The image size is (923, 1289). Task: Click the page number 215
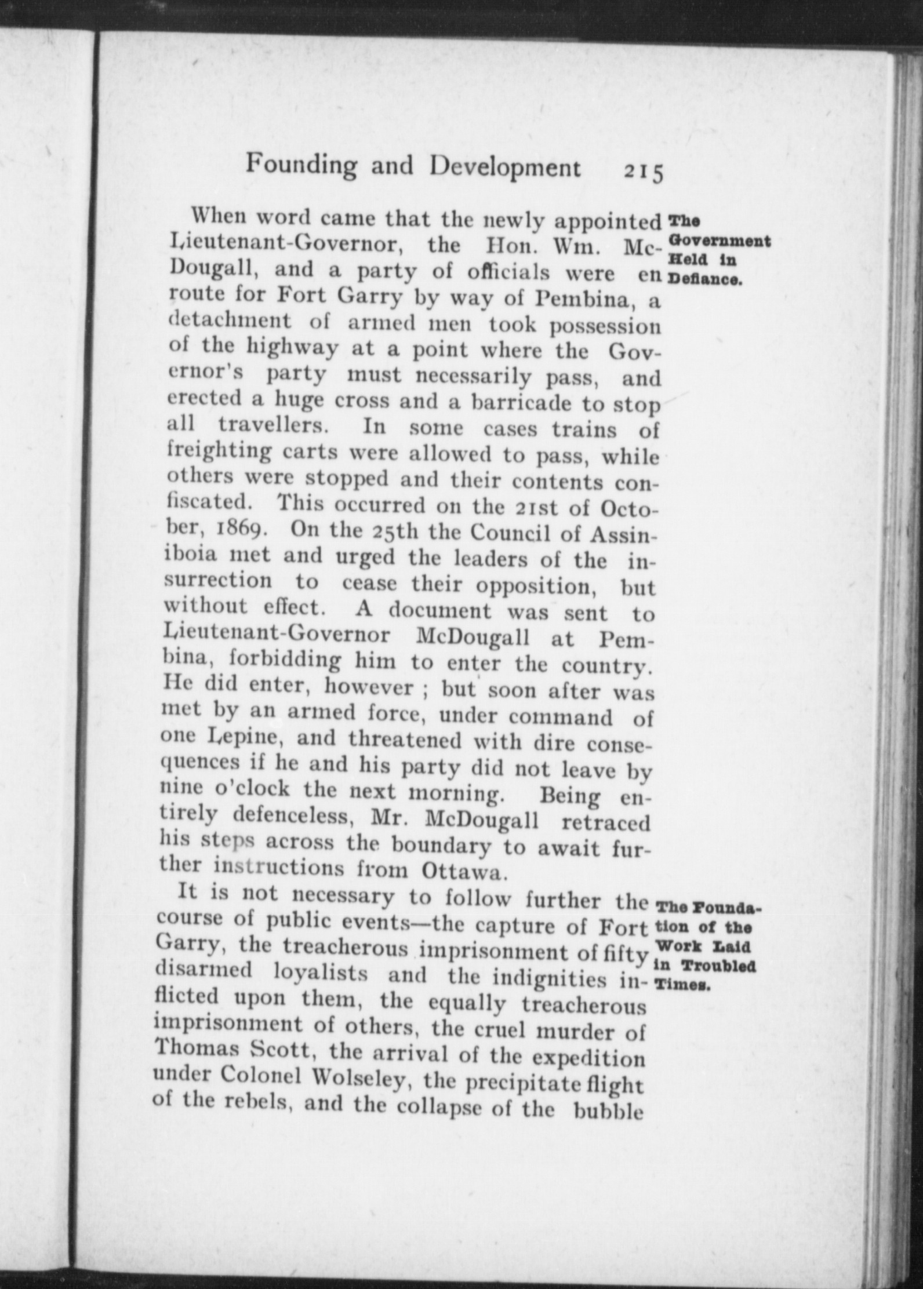643,172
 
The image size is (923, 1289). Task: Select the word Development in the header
505,168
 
